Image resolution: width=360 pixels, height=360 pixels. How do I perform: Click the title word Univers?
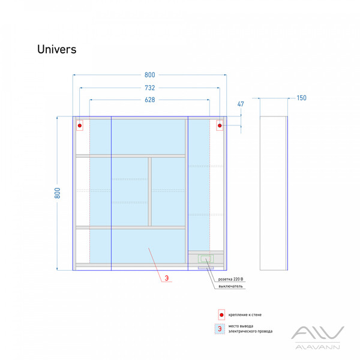pos(56,49)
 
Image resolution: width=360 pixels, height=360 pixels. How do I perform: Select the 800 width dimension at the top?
pos(149,75)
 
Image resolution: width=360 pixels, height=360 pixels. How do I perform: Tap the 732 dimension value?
pos(149,88)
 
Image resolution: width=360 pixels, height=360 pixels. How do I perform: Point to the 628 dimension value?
pos(149,100)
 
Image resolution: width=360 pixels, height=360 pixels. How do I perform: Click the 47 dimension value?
pos(241,104)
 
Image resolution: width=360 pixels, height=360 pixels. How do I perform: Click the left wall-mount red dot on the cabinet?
pos(80,125)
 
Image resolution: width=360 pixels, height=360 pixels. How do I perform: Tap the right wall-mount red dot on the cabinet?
pos(220,125)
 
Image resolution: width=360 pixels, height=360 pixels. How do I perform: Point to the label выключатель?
pos(231,287)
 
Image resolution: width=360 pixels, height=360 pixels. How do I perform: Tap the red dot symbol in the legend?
pos(221,315)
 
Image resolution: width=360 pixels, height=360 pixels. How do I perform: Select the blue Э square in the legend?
pos(221,329)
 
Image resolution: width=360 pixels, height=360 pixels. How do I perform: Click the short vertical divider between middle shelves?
pos(149,191)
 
